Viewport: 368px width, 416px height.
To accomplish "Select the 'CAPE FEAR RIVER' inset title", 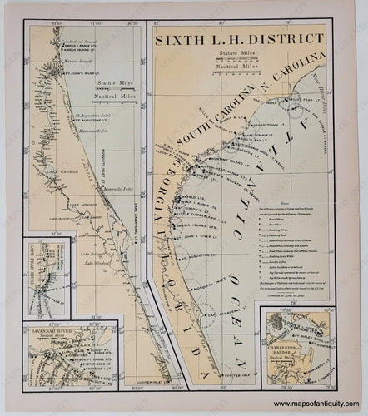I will pyautogui.click(x=27, y=264).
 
